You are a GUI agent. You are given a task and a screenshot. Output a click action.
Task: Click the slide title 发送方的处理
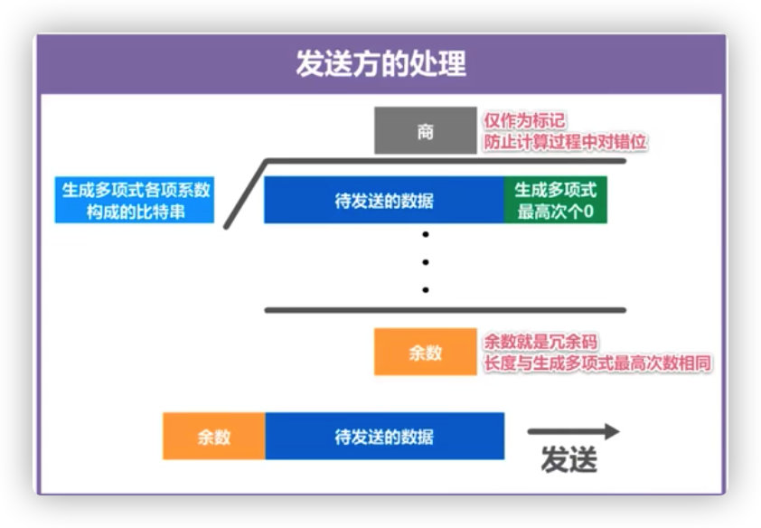380,64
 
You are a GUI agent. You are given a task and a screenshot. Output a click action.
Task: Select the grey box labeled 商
425,132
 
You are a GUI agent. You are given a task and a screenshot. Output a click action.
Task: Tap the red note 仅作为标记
525,121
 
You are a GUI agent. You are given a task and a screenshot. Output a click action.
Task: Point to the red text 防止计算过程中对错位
566,142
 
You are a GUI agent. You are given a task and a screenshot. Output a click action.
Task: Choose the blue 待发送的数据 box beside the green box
383,201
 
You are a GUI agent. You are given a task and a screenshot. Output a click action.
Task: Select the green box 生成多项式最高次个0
556,201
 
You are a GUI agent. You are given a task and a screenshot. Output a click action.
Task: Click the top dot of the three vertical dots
425,235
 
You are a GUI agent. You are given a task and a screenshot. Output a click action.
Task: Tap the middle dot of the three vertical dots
425,263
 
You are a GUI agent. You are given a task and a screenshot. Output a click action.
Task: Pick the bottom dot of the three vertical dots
425,290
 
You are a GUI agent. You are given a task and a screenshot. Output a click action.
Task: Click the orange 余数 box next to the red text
425,352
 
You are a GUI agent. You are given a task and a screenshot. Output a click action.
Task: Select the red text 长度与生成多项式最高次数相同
597,363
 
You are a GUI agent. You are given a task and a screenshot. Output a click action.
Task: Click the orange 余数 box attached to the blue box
214,436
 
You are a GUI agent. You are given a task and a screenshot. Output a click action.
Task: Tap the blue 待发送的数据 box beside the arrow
383,436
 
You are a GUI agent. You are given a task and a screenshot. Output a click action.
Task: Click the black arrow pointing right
573,432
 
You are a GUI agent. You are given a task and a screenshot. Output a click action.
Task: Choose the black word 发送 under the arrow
569,460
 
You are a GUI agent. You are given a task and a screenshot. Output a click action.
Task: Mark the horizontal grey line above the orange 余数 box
445,310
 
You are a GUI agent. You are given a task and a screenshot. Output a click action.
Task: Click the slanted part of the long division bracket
244,193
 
